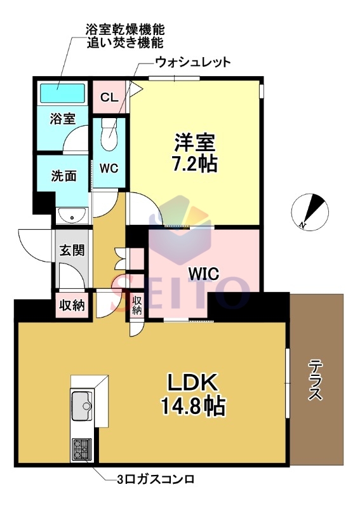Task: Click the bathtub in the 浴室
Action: (62, 93)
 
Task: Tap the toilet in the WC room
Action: (109, 135)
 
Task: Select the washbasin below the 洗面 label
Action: (72, 216)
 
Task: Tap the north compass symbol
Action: (310, 211)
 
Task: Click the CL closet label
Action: (109, 97)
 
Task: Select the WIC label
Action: (204, 274)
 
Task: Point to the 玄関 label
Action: (72, 250)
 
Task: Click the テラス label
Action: (316, 380)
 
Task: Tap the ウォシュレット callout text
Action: (193, 62)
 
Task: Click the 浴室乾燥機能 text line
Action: (125, 30)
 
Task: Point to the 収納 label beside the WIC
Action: (137, 305)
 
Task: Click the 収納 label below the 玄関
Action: (72, 305)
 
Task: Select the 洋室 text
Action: (195, 142)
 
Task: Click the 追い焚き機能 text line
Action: (125, 43)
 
